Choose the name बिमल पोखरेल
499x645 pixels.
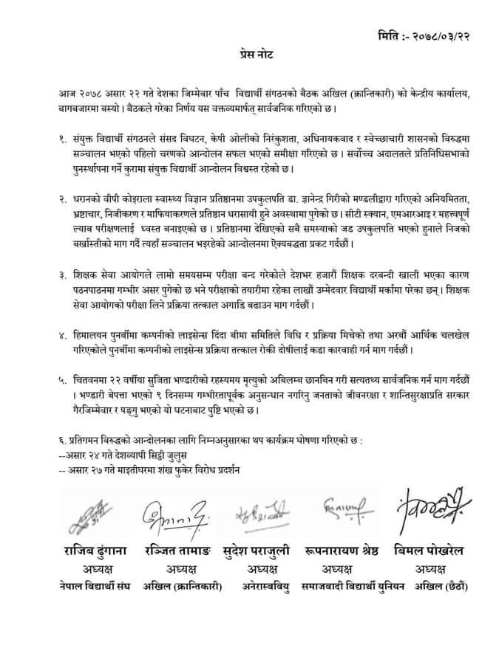pos(431,550)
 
